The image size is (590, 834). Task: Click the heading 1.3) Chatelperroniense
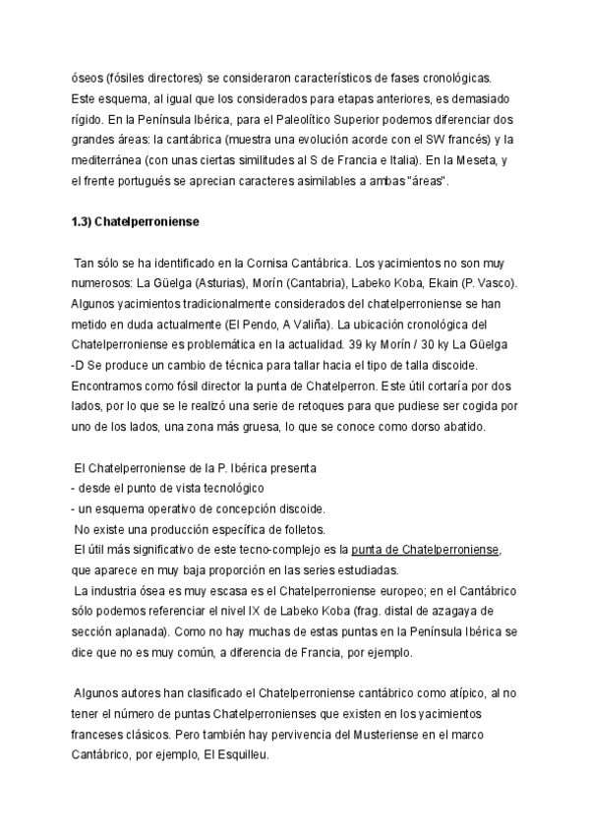click(136, 222)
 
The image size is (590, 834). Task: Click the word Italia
click(396, 160)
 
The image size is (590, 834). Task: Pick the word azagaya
click(488, 611)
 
